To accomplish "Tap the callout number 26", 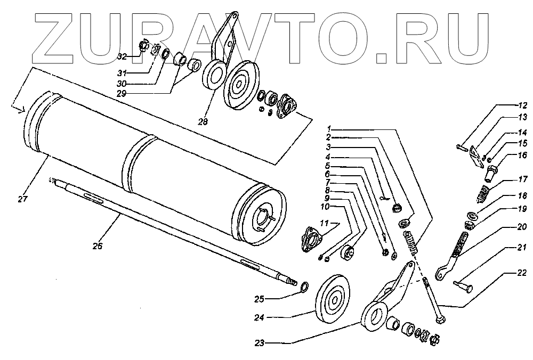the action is coord(97,246).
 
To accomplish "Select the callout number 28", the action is coord(202,122).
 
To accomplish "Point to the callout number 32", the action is coord(122,56).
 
